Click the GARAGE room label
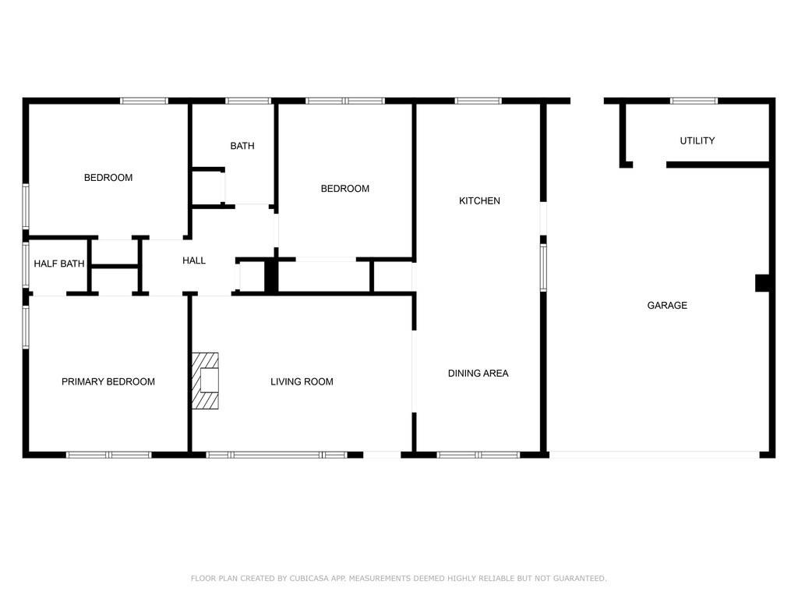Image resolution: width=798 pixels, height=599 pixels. pyautogui.click(x=667, y=306)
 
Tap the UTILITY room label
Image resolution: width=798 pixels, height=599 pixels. pyautogui.click(x=697, y=141)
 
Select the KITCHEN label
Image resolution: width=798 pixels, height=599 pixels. pyautogui.click(x=479, y=201)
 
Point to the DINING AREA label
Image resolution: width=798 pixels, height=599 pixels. pyautogui.click(x=478, y=374)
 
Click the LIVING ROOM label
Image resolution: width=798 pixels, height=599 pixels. pyautogui.click(x=302, y=382)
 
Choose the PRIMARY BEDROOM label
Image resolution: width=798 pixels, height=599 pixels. pyautogui.click(x=108, y=382)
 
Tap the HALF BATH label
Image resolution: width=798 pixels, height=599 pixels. pyautogui.click(x=59, y=264)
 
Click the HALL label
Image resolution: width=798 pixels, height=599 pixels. pyautogui.click(x=194, y=261)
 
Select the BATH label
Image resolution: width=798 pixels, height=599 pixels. pyautogui.click(x=242, y=147)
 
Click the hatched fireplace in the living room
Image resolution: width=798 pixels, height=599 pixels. pyautogui.click(x=207, y=381)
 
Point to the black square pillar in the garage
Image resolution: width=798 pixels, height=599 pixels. pyautogui.click(x=763, y=283)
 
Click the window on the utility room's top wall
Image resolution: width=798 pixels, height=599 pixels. pyautogui.click(x=694, y=101)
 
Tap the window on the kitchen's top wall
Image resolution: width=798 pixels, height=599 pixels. pyautogui.click(x=478, y=101)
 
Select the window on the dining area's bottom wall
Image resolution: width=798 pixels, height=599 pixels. pyautogui.click(x=478, y=455)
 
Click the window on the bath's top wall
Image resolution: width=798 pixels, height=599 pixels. pyautogui.click(x=248, y=101)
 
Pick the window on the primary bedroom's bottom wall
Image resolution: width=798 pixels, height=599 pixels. pyautogui.click(x=108, y=455)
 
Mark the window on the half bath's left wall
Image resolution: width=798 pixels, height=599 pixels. pyautogui.click(x=26, y=264)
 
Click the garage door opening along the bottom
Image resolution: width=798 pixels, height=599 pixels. pyautogui.click(x=655, y=454)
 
